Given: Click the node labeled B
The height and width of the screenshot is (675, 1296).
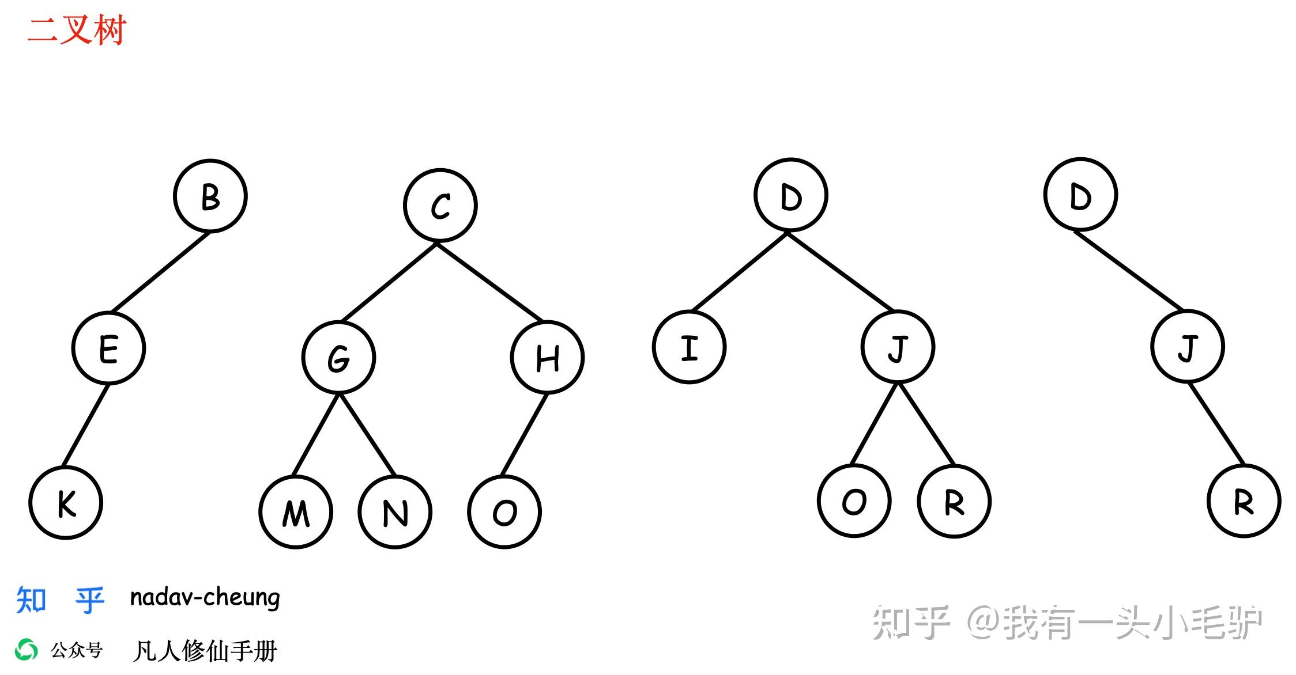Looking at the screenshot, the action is tap(210, 196).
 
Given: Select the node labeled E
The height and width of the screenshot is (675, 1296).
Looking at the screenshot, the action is tap(108, 348).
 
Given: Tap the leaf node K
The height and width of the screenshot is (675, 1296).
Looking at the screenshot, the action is tap(66, 503).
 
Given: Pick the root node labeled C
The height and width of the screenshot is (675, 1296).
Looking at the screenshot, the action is tap(440, 206).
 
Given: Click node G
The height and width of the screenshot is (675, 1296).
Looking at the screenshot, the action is tap(338, 358).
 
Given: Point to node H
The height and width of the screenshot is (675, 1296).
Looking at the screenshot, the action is tap(547, 358).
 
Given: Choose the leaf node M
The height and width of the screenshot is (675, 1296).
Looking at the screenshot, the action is tap(296, 512).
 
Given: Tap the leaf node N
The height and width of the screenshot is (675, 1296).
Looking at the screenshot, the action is tap(395, 512).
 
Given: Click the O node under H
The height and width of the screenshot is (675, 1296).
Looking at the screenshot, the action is tap(504, 512).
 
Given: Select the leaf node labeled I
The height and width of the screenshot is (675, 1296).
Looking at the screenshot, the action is tap(690, 347).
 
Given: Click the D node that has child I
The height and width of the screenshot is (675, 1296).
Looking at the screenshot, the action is tap(791, 195).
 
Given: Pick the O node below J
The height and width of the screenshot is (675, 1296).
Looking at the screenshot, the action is tap(854, 501).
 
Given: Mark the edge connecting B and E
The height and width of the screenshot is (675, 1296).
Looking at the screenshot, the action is tap(160, 272).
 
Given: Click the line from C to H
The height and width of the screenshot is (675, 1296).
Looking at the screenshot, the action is tap(490, 282).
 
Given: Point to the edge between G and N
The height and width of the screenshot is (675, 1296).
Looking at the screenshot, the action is tap(367, 435).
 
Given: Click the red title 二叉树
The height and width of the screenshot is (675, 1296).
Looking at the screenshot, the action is tap(77, 30).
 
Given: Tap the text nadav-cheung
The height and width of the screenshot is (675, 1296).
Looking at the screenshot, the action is tap(205, 598).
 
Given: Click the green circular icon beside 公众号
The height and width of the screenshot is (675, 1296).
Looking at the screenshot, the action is tap(27, 650).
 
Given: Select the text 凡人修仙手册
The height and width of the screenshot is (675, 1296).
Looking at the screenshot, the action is tap(205, 651).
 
